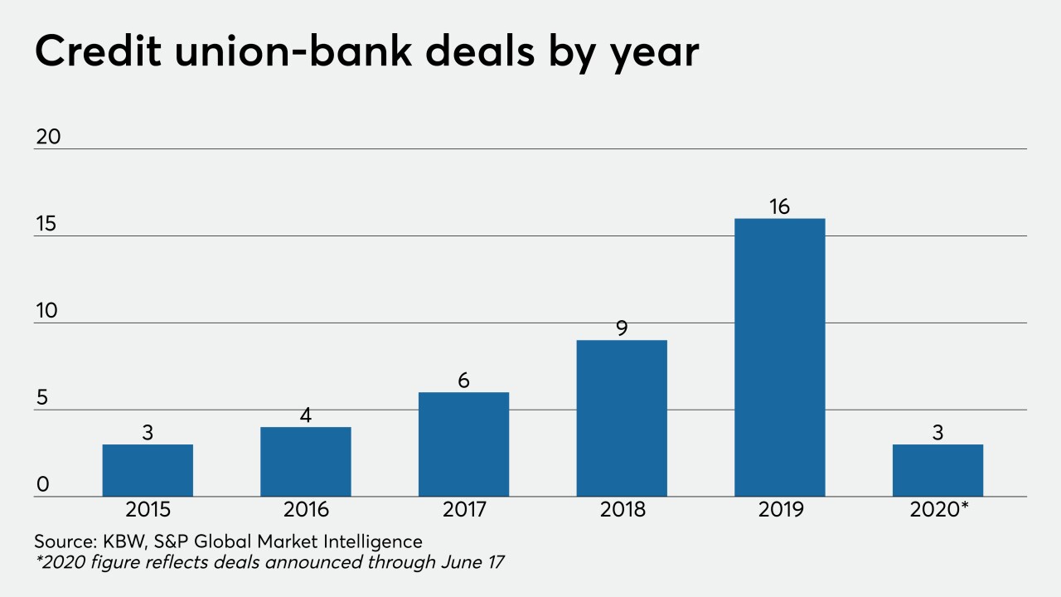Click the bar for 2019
(779, 357)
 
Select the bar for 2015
(148, 470)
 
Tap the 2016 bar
(305, 462)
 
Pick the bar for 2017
(463, 444)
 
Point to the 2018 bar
(622, 418)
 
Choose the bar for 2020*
(937, 470)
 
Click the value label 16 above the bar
(779, 206)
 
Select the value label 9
(622, 328)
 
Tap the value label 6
(463, 381)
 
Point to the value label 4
(305, 415)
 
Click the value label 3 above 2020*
(937, 433)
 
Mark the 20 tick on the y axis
(48, 137)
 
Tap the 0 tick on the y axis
(42, 485)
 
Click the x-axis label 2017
(463, 509)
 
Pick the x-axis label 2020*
(940, 509)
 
